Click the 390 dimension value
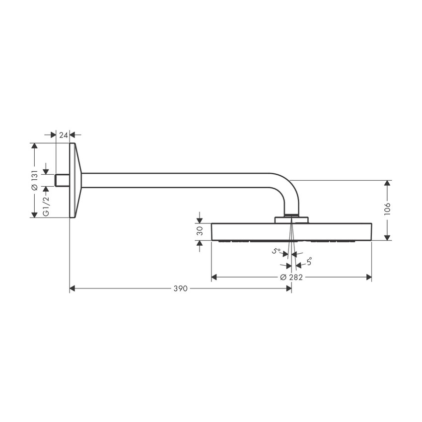click(180, 288)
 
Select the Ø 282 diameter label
click(291, 277)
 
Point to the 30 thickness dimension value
click(200, 232)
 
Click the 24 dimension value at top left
click(63, 135)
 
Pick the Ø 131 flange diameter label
click(34, 181)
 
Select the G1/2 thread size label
click(46, 206)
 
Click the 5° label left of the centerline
click(277, 251)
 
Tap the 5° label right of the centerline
click(309, 260)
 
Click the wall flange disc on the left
click(74, 181)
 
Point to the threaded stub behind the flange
click(62, 180)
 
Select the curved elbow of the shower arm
click(285, 189)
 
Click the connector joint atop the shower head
click(291, 219)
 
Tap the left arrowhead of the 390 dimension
click(72, 288)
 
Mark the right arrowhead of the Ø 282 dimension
click(369, 277)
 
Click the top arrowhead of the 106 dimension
click(388, 183)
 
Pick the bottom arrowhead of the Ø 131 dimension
click(34, 214)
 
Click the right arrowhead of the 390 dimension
click(288, 288)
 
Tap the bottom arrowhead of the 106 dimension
click(388, 237)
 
